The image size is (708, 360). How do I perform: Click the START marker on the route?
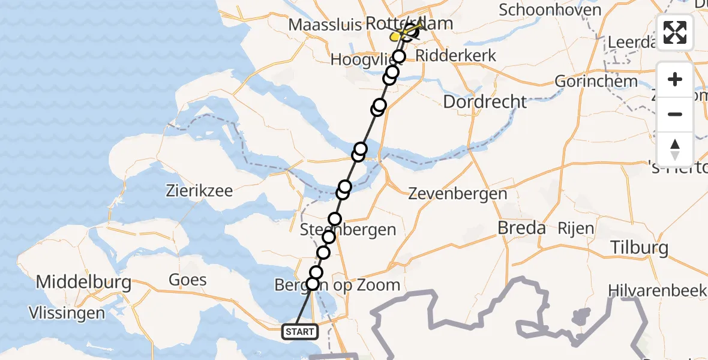(x=299, y=332)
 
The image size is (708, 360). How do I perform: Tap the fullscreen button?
(x=675, y=32)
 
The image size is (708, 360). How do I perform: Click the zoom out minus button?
(x=675, y=114)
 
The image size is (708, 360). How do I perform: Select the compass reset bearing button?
(x=675, y=149)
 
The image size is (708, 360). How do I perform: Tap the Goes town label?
(x=187, y=280)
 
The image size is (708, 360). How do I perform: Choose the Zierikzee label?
(x=199, y=192)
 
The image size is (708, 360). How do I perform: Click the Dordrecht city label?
(x=485, y=101)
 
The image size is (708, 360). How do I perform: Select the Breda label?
(x=522, y=228)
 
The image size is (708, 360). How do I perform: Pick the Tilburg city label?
(x=638, y=248)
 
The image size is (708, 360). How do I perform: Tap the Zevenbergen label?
(x=457, y=193)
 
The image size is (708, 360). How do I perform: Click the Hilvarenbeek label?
(x=657, y=290)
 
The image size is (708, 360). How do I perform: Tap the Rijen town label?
(x=575, y=228)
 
